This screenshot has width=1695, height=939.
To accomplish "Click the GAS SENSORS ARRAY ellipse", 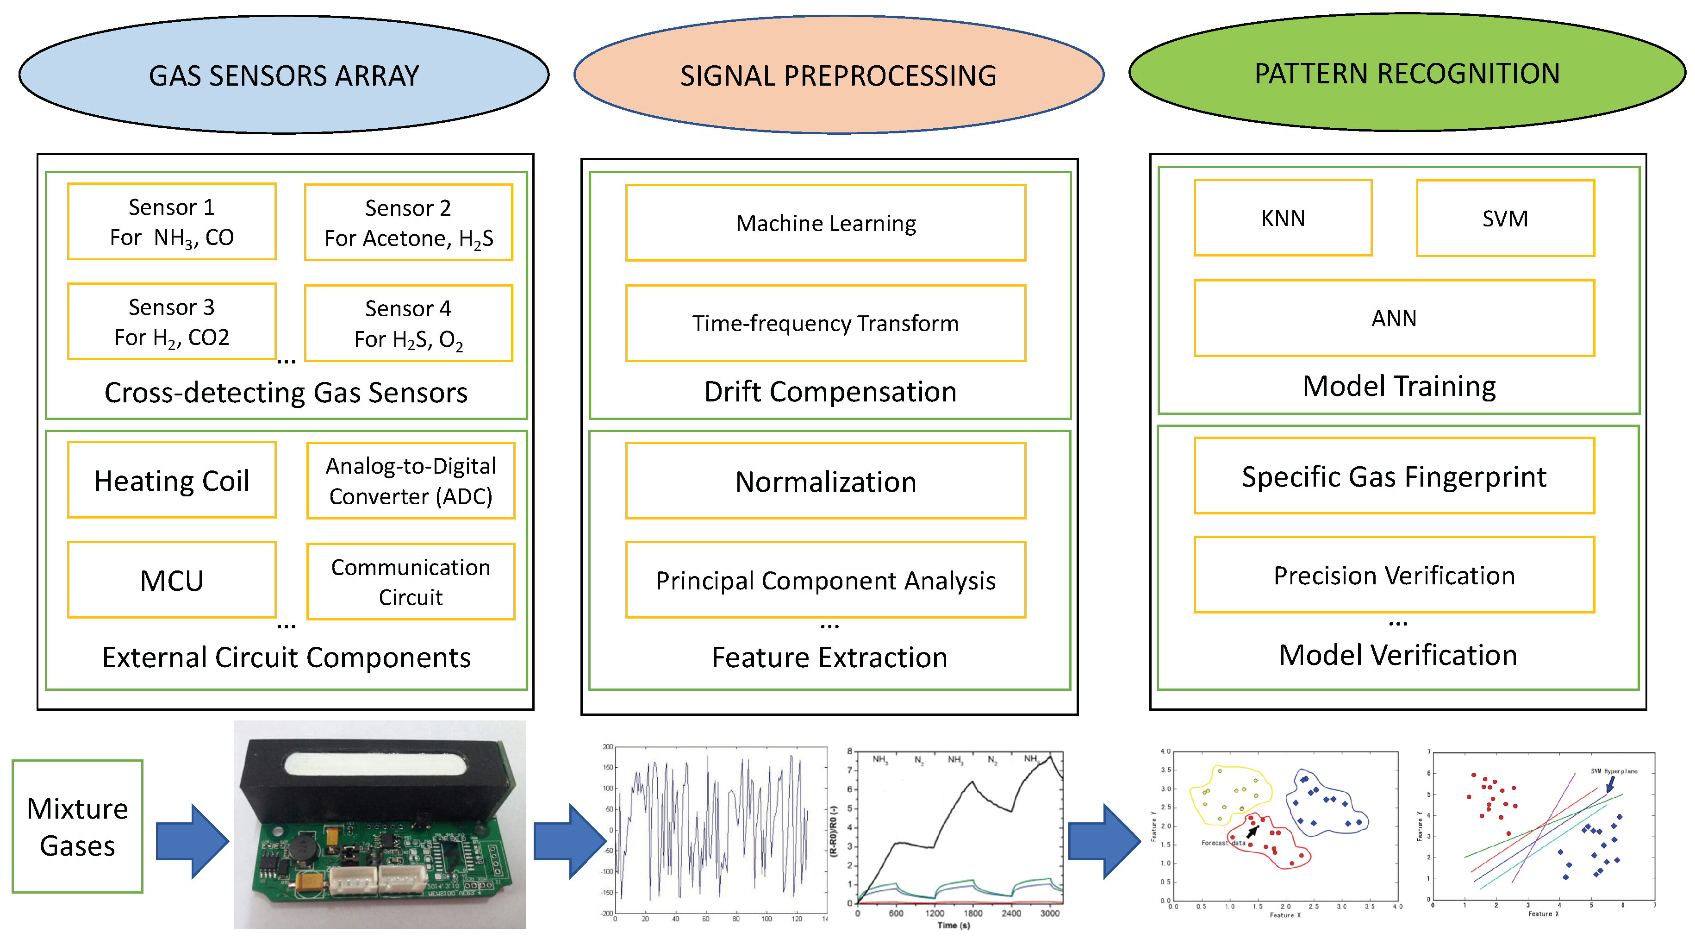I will click(284, 75).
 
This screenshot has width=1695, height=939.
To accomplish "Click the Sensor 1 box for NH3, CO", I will click(172, 222).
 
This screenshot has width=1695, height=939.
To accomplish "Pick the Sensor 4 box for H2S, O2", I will click(409, 323).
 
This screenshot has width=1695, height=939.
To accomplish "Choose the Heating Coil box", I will click(172, 480).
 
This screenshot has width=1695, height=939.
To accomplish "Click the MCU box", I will click(172, 580).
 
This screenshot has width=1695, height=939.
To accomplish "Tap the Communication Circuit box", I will click(411, 582).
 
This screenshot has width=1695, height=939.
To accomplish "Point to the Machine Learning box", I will click(826, 223).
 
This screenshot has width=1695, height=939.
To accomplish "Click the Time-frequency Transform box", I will click(826, 323).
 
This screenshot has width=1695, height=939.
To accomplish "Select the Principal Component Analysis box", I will click(826, 580).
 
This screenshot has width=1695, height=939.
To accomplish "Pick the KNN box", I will click(1283, 218).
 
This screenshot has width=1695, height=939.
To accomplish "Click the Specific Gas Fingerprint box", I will click(1394, 476).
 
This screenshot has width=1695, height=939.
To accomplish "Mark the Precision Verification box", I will click(1394, 575).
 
